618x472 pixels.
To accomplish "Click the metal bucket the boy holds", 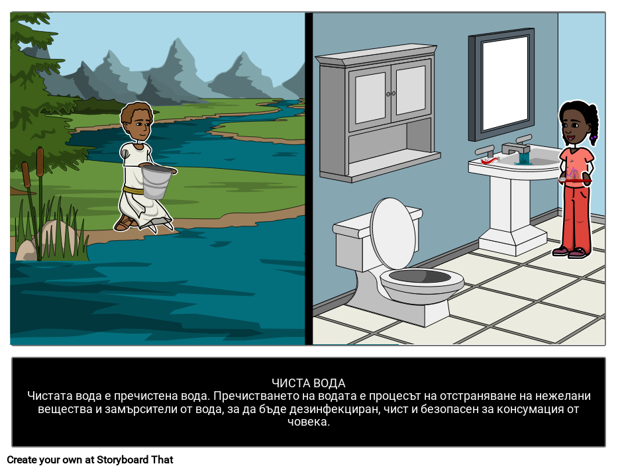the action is pos(157,181).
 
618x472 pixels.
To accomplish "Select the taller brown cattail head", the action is pos(40,158).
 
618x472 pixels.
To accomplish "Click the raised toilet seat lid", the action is pos(393,233).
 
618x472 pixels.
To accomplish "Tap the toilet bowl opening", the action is pos(419,276).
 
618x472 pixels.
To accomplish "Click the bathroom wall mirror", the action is pos(501,84).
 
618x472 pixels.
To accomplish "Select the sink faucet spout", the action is pos(516,149).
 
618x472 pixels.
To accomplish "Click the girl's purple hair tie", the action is pos(592,138).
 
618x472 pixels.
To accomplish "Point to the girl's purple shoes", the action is pos(571,252).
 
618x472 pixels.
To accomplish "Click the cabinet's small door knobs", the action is pos(391,94).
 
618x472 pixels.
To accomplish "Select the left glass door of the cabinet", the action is pos(370,98).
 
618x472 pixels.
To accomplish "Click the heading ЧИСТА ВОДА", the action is pos(308,383).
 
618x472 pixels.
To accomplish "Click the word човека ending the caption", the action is pos(308,422).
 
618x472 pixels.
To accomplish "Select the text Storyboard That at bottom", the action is pos(134,460).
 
